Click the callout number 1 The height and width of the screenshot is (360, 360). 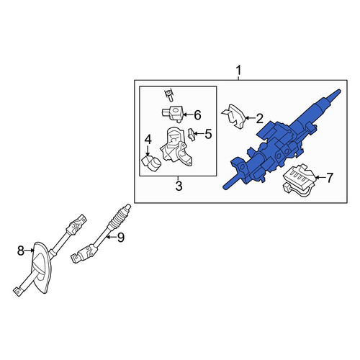[x=238, y=71]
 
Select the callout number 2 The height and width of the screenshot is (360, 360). [x=259, y=119]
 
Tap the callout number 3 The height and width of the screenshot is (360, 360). [x=179, y=186]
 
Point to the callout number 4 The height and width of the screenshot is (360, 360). [x=148, y=140]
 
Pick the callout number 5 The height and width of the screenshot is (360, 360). [x=208, y=134]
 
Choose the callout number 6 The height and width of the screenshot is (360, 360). [x=197, y=115]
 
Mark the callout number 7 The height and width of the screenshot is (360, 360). [x=329, y=178]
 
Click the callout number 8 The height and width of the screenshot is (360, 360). [x=21, y=251]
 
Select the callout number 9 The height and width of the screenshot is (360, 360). [x=120, y=238]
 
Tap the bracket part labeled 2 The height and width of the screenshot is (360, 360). [x=234, y=117]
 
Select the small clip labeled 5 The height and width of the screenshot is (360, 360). [x=192, y=135]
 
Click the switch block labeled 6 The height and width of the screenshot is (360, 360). [x=172, y=114]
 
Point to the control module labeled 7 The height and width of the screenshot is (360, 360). [x=299, y=180]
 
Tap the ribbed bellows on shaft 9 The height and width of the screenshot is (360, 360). [x=117, y=217]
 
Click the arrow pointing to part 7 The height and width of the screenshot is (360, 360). [x=320, y=178]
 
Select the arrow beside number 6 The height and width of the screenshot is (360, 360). [x=188, y=115]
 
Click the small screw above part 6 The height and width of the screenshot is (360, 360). [x=169, y=95]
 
